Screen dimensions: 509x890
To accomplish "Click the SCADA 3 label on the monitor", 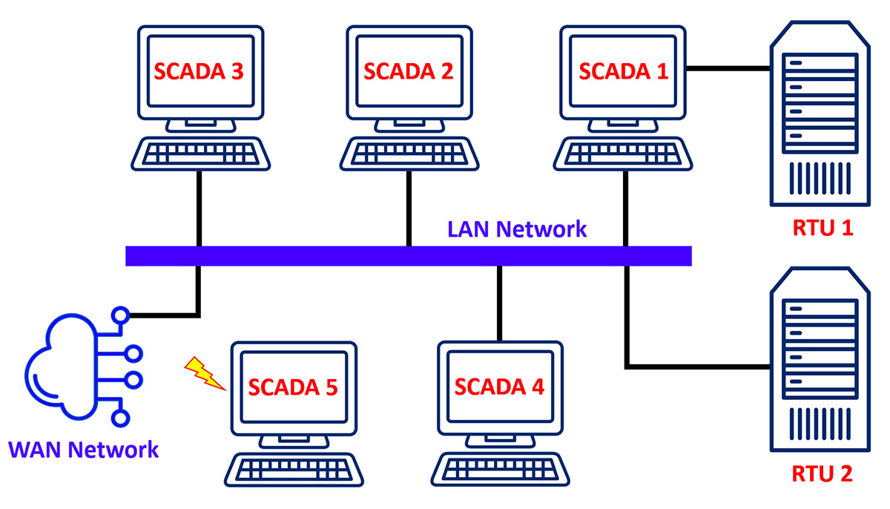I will (x=200, y=71).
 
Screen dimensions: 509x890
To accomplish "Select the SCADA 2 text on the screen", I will (x=408, y=71).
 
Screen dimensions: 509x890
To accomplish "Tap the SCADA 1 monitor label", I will (x=623, y=71).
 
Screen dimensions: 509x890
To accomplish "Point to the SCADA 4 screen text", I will (x=498, y=387).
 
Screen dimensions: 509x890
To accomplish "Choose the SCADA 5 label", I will (x=292, y=387).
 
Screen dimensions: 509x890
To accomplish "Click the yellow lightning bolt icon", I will (x=204, y=372).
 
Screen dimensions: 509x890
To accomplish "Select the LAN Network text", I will (x=517, y=229).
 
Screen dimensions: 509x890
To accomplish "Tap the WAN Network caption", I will (x=83, y=449).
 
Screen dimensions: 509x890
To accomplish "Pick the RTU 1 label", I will (x=822, y=227).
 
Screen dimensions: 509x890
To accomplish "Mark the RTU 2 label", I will (x=822, y=473).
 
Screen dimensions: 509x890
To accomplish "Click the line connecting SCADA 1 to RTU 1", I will (x=727, y=70).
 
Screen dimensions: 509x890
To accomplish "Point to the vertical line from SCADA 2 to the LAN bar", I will (x=408, y=208).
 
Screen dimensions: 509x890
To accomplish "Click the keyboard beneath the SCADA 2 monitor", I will (x=409, y=154).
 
